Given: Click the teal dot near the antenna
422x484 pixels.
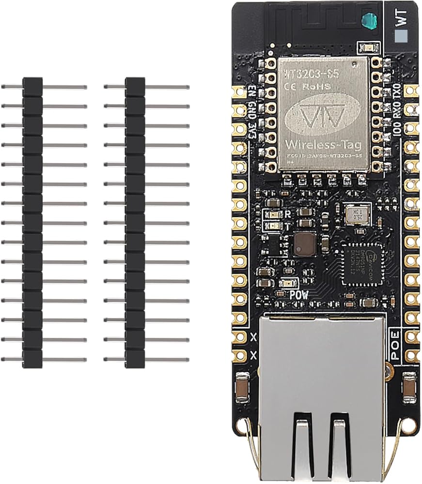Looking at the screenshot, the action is pos(370,20).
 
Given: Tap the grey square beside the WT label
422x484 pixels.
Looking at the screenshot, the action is pos(401,37).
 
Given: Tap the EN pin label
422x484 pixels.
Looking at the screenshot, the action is pos(252,91).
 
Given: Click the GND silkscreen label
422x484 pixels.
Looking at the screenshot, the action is pos(252,109).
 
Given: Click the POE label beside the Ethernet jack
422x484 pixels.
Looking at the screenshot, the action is pos(395,345).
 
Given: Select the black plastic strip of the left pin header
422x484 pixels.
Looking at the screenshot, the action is pos(33,222).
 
